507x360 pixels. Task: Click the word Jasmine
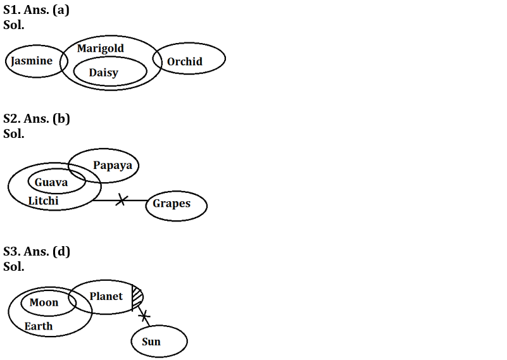click(32, 61)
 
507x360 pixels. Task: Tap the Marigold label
click(101, 48)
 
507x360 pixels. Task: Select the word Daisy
click(103, 73)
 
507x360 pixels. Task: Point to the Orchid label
click(185, 61)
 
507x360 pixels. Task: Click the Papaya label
click(113, 165)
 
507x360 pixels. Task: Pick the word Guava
click(51, 182)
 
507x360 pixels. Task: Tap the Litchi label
click(43, 201)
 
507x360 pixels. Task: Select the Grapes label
click(172, 204)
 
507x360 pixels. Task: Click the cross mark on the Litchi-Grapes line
click(122, 200)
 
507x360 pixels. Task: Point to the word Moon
click(44, 302)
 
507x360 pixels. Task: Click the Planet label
click(106, 296)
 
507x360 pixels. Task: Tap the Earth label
click(39, 326)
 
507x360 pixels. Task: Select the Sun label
click(151, 342)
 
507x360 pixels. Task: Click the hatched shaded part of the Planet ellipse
click(137, 296)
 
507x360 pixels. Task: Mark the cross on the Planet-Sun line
click(144, 314)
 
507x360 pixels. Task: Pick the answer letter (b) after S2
click(61, 118)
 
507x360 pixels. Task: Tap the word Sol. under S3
click(14, 266)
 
